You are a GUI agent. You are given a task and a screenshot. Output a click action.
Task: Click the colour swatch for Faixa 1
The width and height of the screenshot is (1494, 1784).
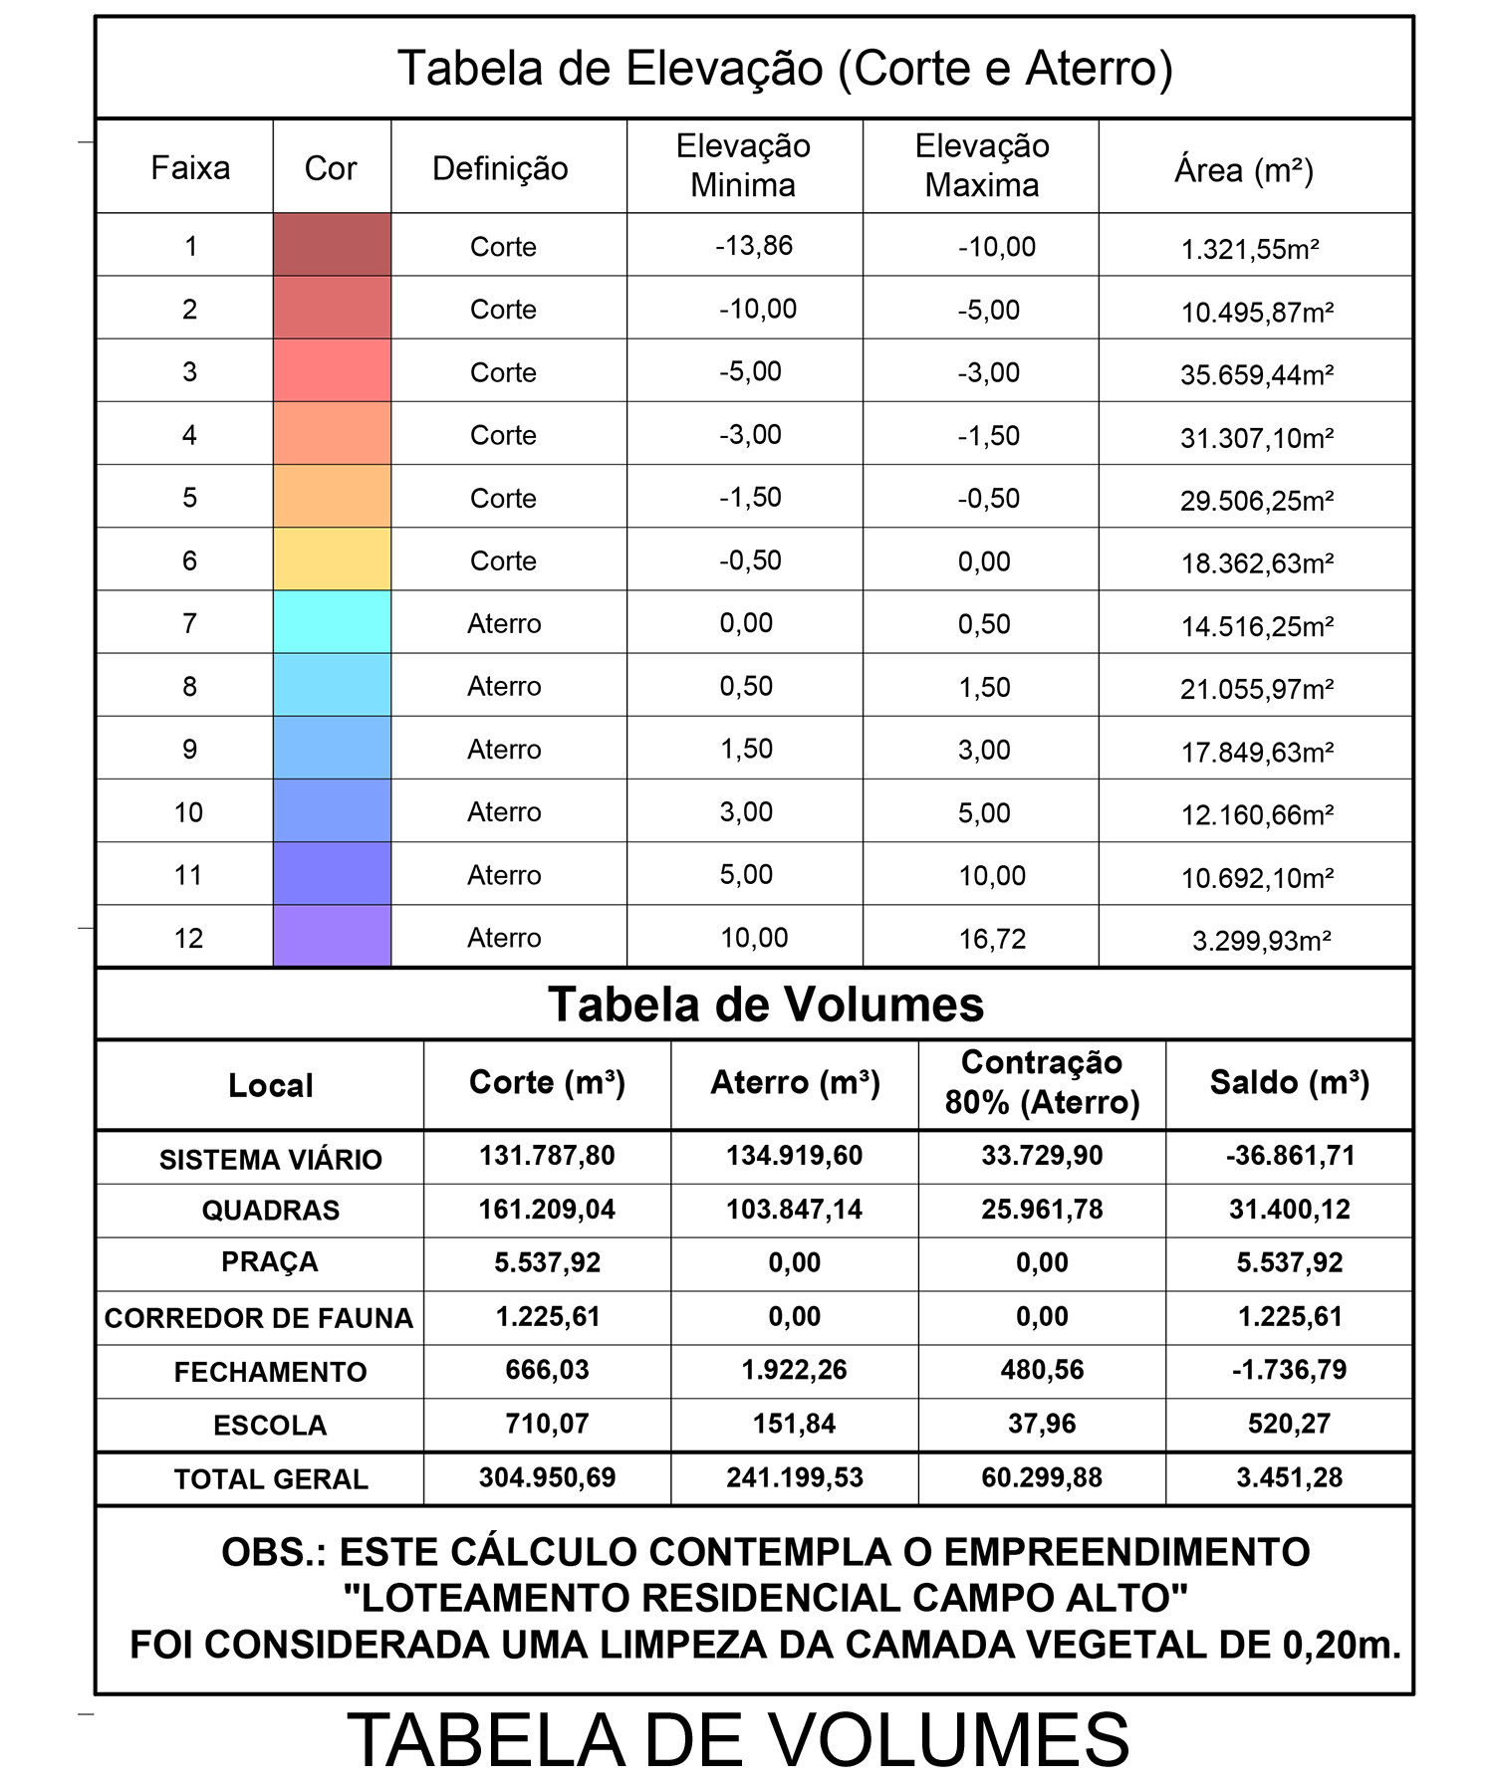[x=332, y=245]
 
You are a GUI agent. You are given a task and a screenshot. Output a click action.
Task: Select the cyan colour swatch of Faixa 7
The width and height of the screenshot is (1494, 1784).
[x=332, y=622]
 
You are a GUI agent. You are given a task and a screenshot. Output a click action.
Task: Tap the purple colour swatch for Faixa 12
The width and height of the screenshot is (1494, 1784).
[x=332, y=936]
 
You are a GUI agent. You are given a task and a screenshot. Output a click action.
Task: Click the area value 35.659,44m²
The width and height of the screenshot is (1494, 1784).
[x=1256, y=375]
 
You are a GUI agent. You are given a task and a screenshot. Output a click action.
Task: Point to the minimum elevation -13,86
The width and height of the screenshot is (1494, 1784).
[x=754, y=246]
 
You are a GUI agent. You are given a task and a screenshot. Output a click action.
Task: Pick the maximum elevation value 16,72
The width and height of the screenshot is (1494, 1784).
[x=991, y=939]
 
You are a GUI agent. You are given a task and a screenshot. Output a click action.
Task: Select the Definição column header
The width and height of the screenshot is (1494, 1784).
[x=500, y=168]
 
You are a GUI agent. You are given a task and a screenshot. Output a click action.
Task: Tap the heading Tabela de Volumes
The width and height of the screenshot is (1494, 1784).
[x=765, y=1004]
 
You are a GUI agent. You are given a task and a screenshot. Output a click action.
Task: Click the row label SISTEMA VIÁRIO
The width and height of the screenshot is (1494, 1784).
[x=270, y=1160]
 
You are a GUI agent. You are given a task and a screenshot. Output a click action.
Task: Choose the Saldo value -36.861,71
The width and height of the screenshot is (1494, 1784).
[x=1289, y=1156]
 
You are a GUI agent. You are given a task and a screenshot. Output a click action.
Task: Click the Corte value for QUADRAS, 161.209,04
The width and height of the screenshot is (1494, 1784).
[x=547, y=1210]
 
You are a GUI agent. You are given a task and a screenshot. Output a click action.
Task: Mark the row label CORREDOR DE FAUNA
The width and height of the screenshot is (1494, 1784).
[x=258, y=1318]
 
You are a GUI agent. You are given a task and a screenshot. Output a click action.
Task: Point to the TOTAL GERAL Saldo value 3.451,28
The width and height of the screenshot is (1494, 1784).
[x=1289, y=1477]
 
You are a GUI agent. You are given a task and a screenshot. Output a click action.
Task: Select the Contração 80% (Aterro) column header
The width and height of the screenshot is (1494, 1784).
[x=1042, y=1083]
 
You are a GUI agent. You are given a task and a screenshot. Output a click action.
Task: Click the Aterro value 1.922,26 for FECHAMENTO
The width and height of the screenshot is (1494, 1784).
[x=794, y=1370]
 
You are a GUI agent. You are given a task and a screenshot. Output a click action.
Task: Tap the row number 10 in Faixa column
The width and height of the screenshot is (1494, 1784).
[x=188, y=812]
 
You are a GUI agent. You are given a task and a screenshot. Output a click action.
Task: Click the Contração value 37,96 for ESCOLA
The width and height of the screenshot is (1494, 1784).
[x=1042, y=1424]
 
